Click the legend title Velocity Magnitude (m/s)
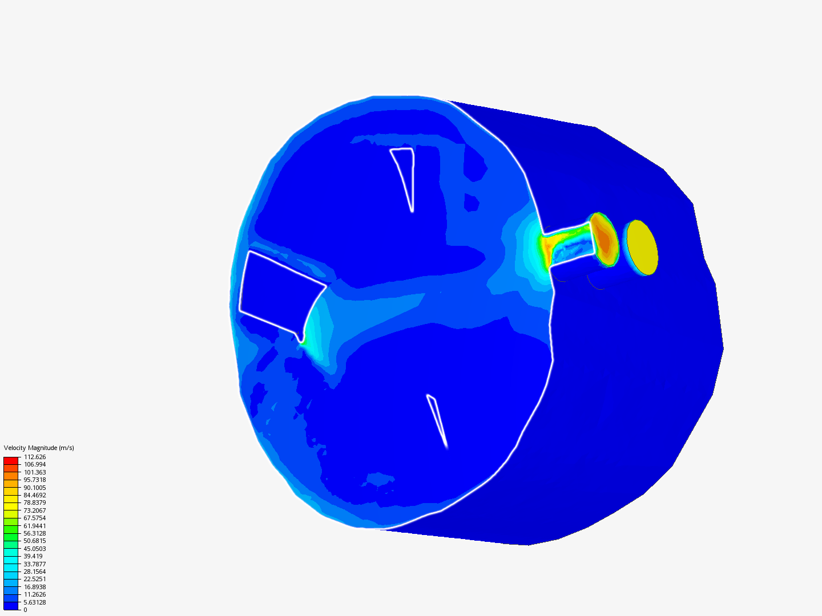pos(39,448)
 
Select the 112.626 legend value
pos(35,457)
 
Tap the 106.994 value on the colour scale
pos(35,464)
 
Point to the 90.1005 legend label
pos(35,487)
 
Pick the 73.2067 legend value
pos(35,510)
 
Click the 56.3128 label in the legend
pos(35,533)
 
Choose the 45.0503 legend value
pos(35,548)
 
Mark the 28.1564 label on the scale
pos(35,571)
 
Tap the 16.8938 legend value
pos(35,586)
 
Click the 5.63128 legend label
pos(35,602)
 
